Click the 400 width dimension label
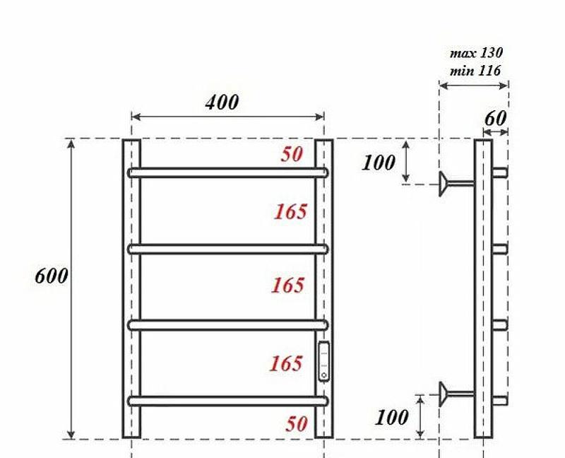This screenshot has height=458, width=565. coord(222,102)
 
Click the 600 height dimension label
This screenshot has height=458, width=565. coord(52,276)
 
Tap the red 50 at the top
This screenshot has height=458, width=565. coord(292,154)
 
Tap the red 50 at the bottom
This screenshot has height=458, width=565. coord(297,423)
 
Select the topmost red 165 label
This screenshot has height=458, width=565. coord(290,211)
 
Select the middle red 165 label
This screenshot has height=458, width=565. coord(288,286)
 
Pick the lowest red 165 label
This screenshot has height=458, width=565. coord(286,363)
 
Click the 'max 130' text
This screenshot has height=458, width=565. coord(476,53)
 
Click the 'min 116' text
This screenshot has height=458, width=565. coord(475,70)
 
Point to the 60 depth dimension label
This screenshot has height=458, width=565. coord(495,118)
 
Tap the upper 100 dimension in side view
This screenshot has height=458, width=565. coord(379,163)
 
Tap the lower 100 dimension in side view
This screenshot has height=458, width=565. coord(391,417)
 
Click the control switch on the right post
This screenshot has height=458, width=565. coord(323,361)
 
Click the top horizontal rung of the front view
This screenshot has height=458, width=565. coord(227,172)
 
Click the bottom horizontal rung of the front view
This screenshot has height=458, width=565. coord(227,401)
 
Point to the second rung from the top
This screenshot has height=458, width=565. coord(227,249)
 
